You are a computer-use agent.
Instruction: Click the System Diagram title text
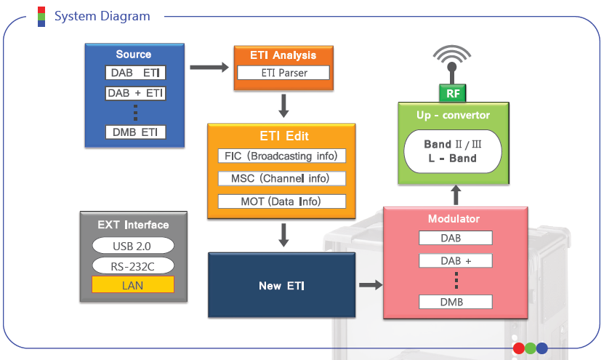(x=102, y=16)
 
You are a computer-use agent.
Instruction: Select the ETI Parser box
(x=283, y=73)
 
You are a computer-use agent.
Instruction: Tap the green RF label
(x=452, y=93)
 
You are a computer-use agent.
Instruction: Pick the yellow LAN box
(x=133, y=284)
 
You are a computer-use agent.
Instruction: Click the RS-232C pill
(x=133, y=265)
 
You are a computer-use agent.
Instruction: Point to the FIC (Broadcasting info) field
(x=281, y=156)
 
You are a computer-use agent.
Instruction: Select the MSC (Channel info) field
(x=281, y=178)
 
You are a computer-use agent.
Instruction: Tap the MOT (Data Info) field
(x=281, y=201)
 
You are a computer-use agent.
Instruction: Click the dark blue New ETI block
(x=281, y=286)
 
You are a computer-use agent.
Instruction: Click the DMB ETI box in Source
(x=134, y=132)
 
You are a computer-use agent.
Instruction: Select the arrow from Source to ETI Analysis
(x=208, y=68)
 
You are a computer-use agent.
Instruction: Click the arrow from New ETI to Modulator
(x=370, y=285)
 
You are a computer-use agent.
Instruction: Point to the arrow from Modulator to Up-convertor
(x=456, y=195)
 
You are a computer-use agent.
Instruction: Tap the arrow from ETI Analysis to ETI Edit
(x=283, y=106)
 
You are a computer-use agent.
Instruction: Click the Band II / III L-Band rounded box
(x=451, y=151)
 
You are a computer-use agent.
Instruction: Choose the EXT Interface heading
(x=133, y=225)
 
